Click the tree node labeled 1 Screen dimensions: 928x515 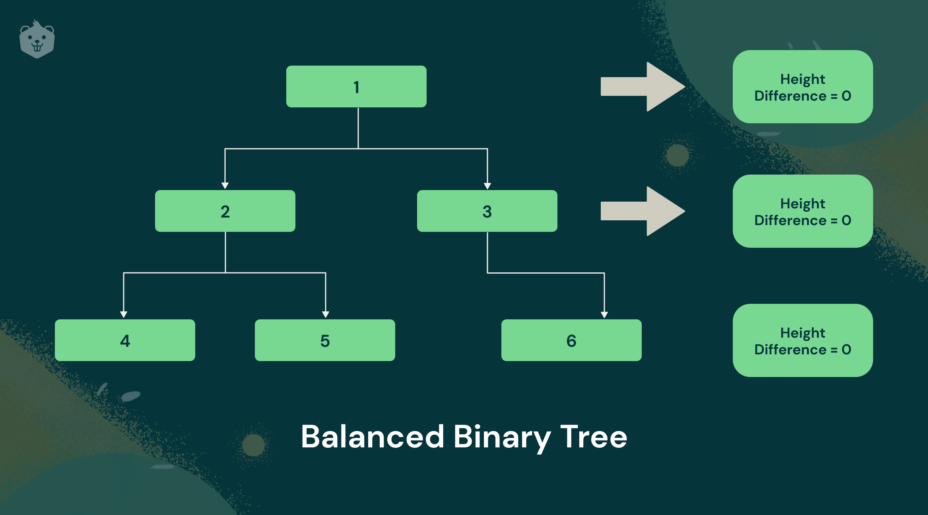pos(356,86)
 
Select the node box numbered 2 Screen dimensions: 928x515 pos(225,211)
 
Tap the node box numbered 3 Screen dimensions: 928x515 pos(487,211)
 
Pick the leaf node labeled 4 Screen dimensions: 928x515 pos(125,340)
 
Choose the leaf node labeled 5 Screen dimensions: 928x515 pos(325,340)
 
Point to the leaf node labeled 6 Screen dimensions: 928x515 pos(571,340)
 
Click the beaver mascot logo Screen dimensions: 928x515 pos(37,39)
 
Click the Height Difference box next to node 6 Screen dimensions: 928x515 pos(803,340)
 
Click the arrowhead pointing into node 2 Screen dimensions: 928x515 pos(225,186)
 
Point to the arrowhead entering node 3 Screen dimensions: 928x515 pos(487,186)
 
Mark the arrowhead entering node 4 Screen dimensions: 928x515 pos(124,315)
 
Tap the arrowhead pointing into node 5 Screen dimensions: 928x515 pos(326,315)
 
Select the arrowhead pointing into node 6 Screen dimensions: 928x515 pos(604,315)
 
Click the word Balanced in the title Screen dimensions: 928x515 pos(373,437)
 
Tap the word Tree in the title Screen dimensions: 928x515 pos(594,437)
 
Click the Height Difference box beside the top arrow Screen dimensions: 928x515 pos(803,87)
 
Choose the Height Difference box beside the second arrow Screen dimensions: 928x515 pos(803,211)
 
